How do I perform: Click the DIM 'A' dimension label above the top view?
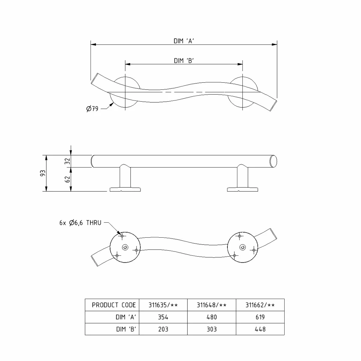coord(184,41)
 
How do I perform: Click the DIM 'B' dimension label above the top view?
coord(184,61)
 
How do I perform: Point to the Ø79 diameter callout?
coord(92,109)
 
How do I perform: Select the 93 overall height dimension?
coord(43,173)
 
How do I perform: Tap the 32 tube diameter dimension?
coord(67,161)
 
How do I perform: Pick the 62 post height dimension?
coord(67,179)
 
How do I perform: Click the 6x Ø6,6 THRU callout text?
coord(80,223)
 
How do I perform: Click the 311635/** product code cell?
coord(163,305)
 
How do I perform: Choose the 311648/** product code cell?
coord(212,305)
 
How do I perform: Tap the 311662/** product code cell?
coord(260,305)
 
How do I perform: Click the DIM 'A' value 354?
coord(163,317)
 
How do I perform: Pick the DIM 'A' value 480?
coord(212,317)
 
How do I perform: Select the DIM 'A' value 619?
coord(260,317)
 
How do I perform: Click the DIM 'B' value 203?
coord(163,329)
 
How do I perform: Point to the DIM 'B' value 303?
coord(212,329)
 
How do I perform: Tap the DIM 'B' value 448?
coord(260,329)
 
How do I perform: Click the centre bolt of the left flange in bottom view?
coord(125,247)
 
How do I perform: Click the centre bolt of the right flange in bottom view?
coord(242,247)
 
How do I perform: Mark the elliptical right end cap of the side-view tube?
coord(273,161)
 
